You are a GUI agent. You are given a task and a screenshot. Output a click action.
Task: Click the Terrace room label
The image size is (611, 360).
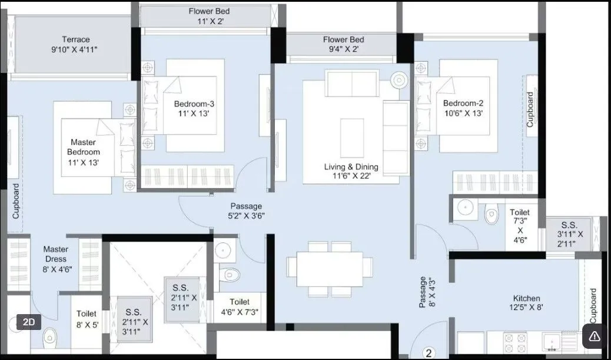click(x=74, y=45)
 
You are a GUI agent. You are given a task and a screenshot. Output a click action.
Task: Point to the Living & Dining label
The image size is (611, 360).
click(x=351, y=172)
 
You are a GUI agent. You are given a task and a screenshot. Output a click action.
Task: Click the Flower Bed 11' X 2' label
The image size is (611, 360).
click(x=209, y=16)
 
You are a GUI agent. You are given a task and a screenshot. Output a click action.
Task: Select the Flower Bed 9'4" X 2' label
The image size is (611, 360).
click(x=343, y=45)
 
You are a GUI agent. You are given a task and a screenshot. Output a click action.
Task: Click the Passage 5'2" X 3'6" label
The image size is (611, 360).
click(x=246, y=211)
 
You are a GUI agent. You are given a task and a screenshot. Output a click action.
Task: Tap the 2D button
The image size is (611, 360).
click(x=29, y=322)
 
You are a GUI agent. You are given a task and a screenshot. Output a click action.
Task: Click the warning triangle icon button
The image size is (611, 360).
click(x=595, y=336)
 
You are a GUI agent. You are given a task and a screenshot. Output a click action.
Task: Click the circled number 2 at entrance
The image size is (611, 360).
click(x=429, y=353)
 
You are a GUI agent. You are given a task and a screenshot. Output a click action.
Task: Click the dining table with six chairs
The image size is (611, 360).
click(x=330, y=268)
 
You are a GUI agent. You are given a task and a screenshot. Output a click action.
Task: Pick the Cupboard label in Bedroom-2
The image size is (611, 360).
click(x=530, y=109)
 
